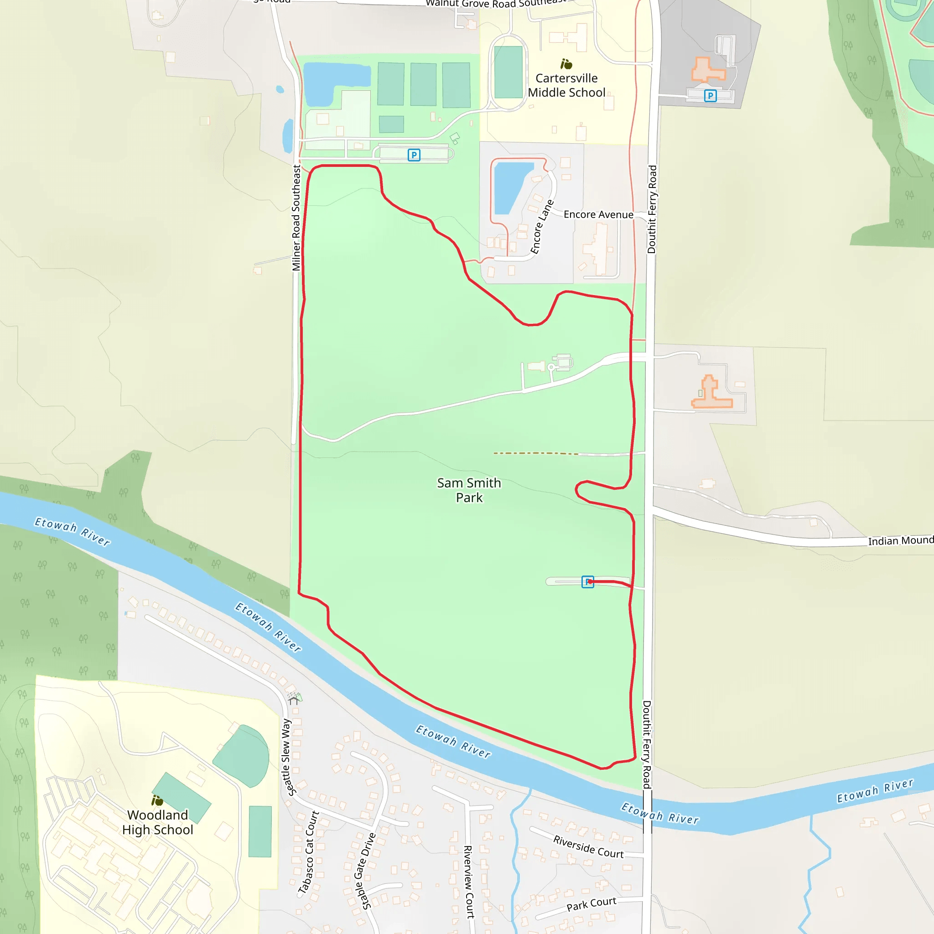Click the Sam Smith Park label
point(468,490)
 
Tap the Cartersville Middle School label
point(566,86)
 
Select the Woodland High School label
point(158,822)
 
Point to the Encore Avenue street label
point(598,215)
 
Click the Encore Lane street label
point(541,227)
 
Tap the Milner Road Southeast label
point(296,218)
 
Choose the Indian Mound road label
point(900,540)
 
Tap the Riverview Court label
point(468,881)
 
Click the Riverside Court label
point(588,846)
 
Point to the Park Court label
point(591,903)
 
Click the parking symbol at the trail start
point(587,581)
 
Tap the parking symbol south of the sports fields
point(414,155)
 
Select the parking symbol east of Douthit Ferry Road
point(710,96)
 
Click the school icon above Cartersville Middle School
point(566,64)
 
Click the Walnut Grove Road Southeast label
point(496,4)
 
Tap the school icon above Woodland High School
point(157,800)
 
